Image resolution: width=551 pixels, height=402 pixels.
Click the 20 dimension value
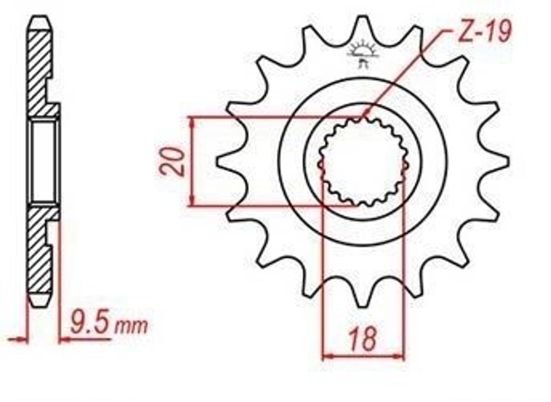click(172, 162)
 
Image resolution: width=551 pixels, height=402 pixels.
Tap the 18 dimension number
click(363, 340)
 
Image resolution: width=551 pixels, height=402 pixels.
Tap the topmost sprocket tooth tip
click(362, 17)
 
